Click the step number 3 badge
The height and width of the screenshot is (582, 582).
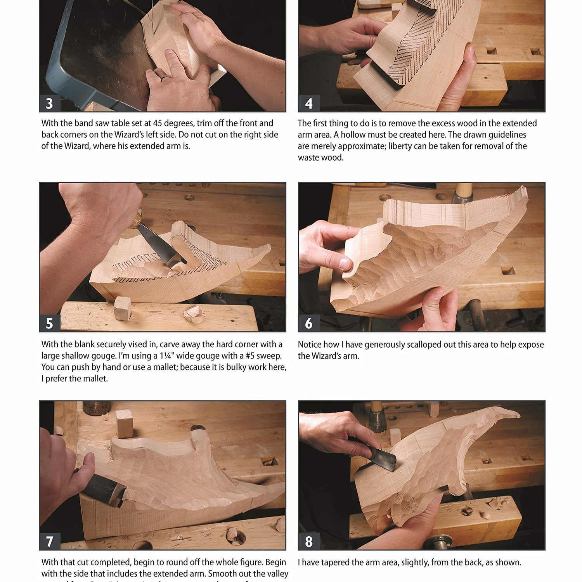pyautogui.click(x=49, y=104)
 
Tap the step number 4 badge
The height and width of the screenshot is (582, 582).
pyautogui.click(x=308, y=104)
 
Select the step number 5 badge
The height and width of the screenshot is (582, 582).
pyautogui.click(x=49, y=323)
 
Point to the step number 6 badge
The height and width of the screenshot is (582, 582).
pyautogui.click(x=308, y=323)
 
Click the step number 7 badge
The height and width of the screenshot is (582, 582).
pyautogui.click(x=49, y=541)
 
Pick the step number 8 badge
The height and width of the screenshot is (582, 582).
pyautogui.click(x=308, y=541)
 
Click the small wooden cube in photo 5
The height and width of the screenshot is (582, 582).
pyautogui.click(x=123, y=308)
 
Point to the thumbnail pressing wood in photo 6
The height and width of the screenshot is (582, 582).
pyautogui.click(x=344, y=264)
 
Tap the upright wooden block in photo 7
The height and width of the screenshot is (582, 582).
pyautogui.click(x=125, y=424)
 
